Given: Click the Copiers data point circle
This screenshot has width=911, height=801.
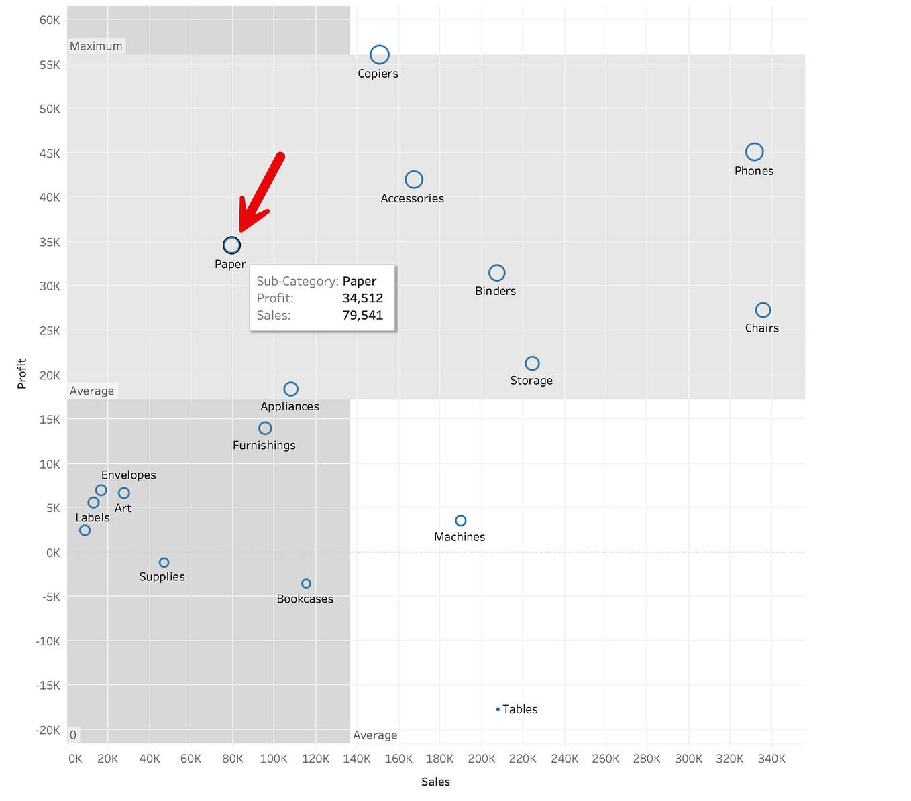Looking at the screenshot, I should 380,54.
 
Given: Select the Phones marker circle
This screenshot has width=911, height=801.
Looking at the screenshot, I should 754,152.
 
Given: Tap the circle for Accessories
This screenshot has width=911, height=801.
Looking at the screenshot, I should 414,180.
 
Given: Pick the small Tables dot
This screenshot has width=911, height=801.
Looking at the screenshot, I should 498,709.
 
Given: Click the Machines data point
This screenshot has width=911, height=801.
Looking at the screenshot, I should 460,521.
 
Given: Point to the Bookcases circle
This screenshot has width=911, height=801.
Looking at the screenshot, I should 306,584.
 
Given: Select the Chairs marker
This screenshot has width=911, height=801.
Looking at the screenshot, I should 763,310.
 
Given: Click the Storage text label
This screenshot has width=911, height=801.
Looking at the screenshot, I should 531,381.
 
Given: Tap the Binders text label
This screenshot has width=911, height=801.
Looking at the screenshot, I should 495,291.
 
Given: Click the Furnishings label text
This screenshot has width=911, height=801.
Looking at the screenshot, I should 264,445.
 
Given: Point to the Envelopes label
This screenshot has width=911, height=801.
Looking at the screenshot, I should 129,475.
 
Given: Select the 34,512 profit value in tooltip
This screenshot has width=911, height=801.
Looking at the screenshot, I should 362,298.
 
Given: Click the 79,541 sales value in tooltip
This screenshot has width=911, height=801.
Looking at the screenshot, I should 362,315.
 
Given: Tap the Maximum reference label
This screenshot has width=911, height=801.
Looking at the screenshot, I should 96,46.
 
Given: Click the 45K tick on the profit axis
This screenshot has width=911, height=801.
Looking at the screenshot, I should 50,153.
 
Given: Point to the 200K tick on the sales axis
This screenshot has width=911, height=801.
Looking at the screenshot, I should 482,759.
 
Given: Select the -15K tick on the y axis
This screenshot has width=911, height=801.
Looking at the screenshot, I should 48,686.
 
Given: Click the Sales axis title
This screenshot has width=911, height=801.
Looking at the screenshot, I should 435,782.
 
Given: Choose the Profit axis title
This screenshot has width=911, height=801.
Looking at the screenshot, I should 22,373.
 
